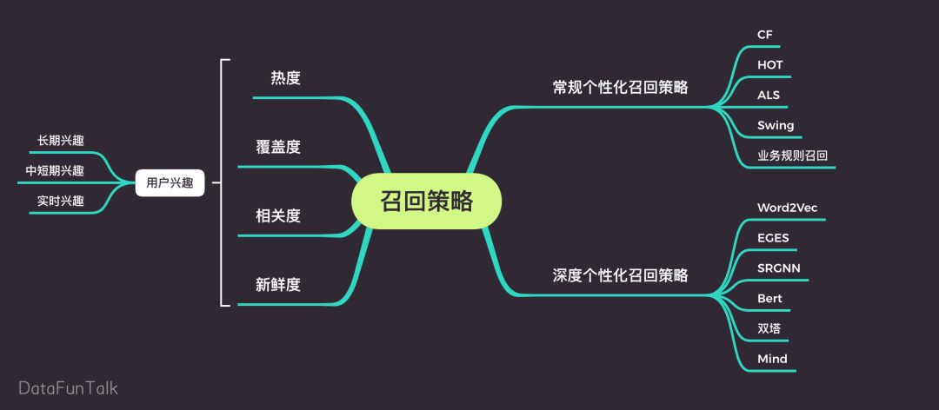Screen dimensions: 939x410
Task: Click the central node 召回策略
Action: tap(427, 201)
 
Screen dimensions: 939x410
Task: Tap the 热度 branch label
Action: tap(285, 78)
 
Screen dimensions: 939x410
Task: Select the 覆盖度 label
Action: tap(278, 146)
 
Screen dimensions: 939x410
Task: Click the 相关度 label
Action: tap(278, 215)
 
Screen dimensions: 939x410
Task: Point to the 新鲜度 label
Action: tap(278, 284)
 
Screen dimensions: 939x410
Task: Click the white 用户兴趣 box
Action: tap(170, 183)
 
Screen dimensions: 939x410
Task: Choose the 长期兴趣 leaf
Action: tap(61, 140)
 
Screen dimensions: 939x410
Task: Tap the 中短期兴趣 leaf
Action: tap(55, 170)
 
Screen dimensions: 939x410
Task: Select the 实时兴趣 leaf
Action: tap(61, 201)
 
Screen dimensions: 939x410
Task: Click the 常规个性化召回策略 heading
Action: tap(620, 87)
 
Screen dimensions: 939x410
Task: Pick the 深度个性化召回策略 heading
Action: tap(620, 275)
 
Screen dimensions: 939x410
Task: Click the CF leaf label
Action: tap(765, 35)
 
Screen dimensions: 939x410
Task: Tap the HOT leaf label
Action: tap(770, 65)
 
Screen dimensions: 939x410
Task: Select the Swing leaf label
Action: tap(776, 125)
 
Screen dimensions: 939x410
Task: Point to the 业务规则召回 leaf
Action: tap(792, 156)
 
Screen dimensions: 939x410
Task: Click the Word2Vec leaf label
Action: tap(787, 208)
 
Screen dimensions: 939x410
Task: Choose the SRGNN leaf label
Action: tap(779, 268)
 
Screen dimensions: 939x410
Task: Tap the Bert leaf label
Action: tap(769, 298)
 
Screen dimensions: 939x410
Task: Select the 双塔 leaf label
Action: tap(769, 328)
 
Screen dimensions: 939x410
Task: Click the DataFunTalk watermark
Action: tap(69, 387)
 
